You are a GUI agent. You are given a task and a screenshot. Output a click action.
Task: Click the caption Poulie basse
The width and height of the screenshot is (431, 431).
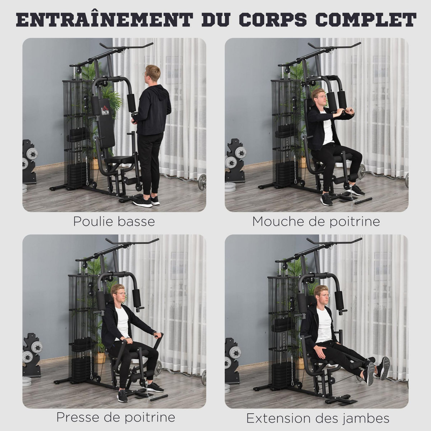pyautogui.click(x=114, y=221)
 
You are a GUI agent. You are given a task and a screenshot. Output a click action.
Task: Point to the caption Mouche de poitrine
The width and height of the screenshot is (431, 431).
pyautogui.click(x=316, y=221)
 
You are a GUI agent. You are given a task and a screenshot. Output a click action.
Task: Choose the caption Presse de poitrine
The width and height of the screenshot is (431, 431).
pyautogui.click(x=116, y=417)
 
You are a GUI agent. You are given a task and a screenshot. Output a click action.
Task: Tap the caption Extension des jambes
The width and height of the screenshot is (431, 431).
pyautogui.click(x=318, y=418)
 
